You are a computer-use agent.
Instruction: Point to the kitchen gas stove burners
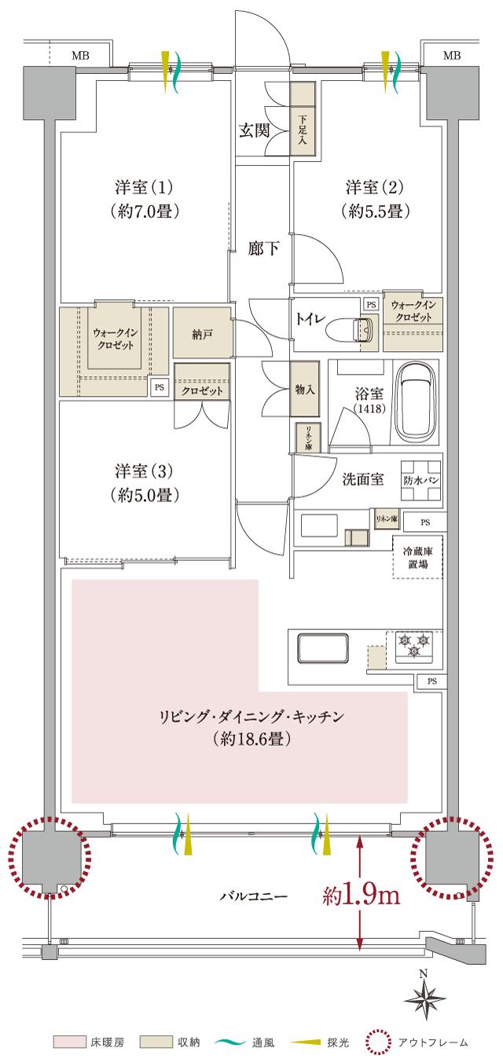click(x=414, y=643)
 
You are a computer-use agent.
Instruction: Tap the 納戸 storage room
click(x=202, y=335)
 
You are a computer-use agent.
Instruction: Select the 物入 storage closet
click(x=304, y=389)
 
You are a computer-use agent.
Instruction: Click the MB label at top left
click(x=79, y=55)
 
